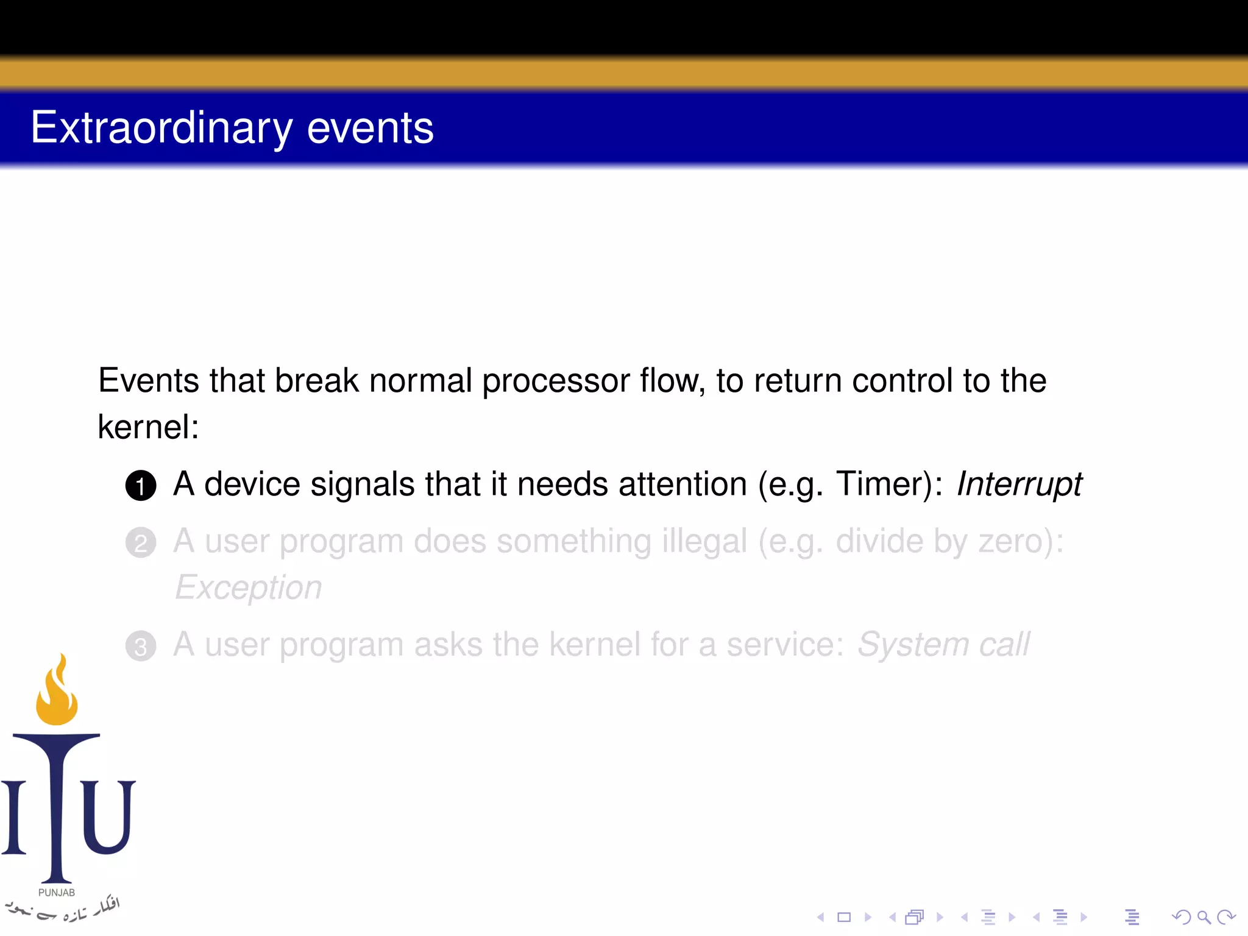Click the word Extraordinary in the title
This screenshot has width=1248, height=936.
[161, 128]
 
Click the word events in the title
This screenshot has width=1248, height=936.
[370, 128]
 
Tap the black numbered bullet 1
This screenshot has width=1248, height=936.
[141, 486]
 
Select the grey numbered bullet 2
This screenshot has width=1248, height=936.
[141, 542]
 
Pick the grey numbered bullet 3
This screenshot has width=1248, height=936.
[141, 646]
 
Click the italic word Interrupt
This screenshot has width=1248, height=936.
[1019, 484]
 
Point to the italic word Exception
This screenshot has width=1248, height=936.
[248, 587]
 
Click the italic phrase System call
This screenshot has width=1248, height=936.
[943, 645]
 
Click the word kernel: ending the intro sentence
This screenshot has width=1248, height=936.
[148, 427]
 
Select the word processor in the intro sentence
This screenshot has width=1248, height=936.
[556, 381]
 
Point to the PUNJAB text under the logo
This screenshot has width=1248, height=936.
[57, 892]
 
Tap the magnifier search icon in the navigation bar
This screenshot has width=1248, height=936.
[1204, 916]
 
